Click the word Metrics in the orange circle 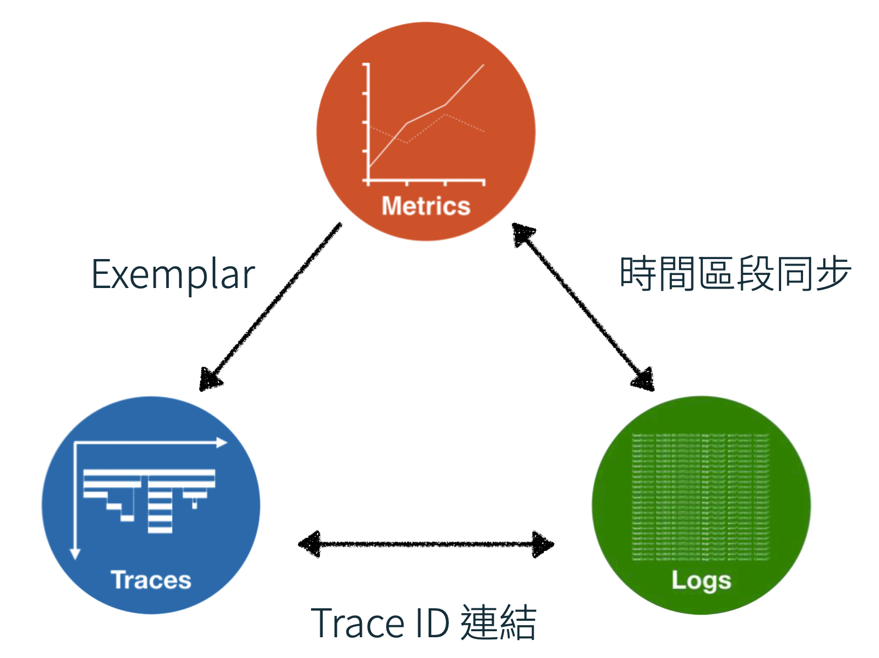click(x=426, y=207)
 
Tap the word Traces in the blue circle click(x=151, y=580)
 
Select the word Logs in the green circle click(x=701, y=581)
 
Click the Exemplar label click(x=173, y=275)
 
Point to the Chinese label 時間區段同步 click(x=735, y=273)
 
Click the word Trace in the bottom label click(x=358, y=623)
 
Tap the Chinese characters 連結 click(x=498, y=623)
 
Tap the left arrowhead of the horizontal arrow click(x=309, y=544)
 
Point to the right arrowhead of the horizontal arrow click(x=544, y=544)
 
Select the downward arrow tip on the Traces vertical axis click(x=75, y=554)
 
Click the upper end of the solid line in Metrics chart click(x=483, y=65)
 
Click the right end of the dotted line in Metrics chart click(x=484, y=131)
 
